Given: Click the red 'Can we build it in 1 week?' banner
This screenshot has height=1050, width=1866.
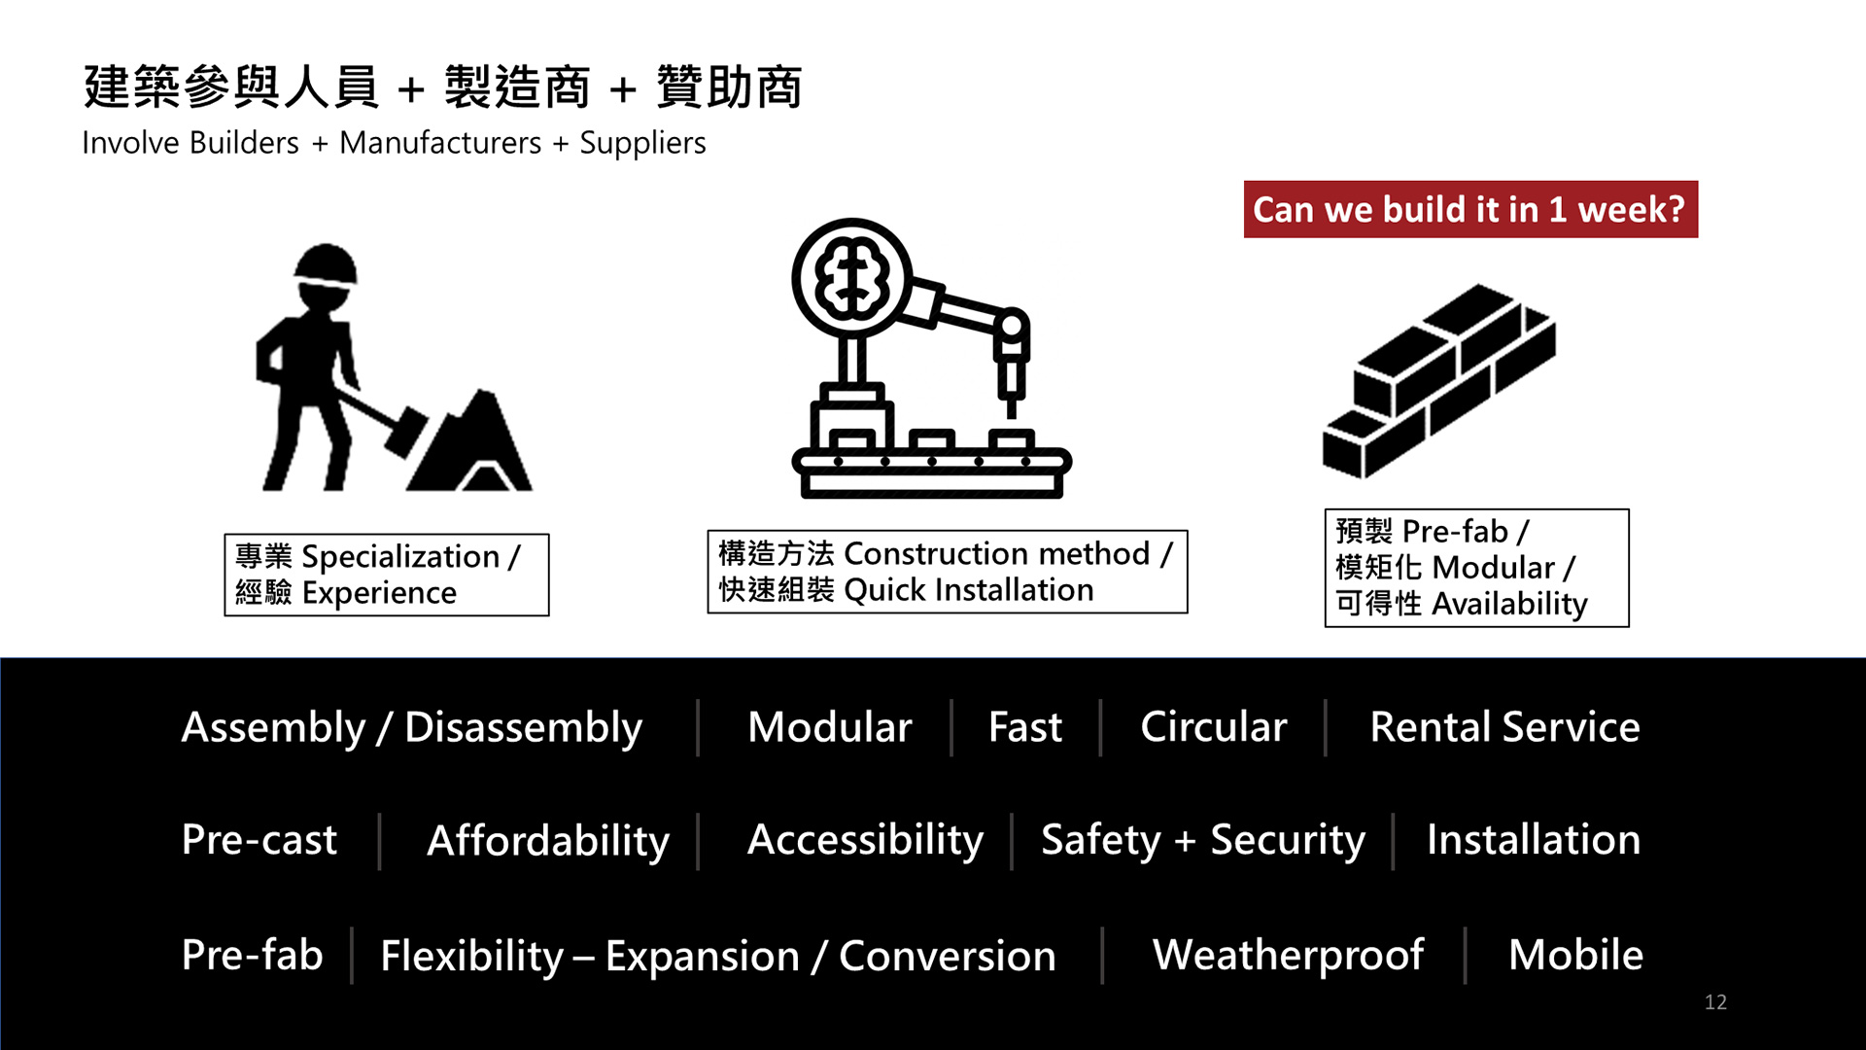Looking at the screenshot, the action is [1470, 209].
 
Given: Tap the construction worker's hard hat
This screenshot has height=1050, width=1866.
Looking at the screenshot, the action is [326, 264].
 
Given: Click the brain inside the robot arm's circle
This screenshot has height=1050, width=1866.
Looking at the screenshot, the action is [852, 277].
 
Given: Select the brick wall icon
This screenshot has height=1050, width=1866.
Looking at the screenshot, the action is [1438, 380].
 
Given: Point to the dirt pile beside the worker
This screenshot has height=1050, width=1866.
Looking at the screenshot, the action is [471, 442].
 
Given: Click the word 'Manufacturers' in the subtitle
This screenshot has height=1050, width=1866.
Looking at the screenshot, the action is [440, 143].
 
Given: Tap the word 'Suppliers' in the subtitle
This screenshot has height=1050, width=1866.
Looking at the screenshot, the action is [642, 144].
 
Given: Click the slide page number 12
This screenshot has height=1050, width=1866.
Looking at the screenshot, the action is [1715, 1001].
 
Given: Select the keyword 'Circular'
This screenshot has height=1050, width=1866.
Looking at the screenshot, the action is [1213, 726].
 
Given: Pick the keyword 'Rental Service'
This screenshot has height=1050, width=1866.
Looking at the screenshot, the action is [1504, 726].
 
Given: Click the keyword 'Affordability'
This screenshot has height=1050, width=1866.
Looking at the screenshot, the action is [548, 840].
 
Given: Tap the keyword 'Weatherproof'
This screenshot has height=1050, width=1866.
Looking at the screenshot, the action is [1288, 955].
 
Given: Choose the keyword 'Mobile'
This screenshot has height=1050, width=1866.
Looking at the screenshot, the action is [1575, 954].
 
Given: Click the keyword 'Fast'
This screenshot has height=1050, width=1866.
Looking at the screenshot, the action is [1025, 726].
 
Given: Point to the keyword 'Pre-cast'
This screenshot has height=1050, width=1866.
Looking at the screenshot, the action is [259, 839].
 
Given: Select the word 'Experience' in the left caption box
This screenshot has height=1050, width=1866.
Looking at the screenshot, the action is [379, 593].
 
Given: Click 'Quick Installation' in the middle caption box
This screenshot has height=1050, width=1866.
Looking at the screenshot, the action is [969, 590].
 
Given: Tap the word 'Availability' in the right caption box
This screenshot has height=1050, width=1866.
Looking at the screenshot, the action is [1509, 604].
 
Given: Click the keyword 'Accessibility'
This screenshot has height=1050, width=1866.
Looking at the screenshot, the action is [865, 840].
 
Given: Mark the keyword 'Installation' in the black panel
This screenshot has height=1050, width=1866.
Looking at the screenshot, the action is [1534, 839].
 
